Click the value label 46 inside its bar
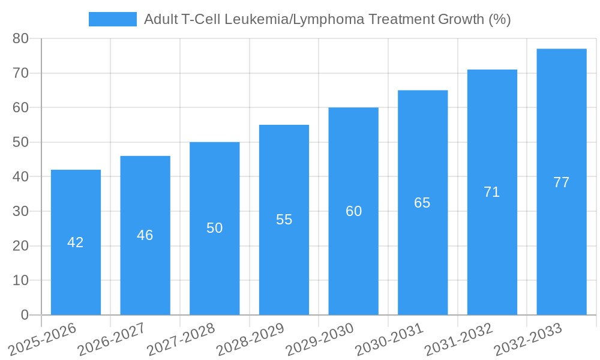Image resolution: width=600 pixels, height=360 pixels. point(145,235)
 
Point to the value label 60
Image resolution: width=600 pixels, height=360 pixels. point(353,211)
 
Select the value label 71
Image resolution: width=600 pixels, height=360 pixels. point(491,192)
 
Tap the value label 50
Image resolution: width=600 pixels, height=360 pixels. point(214,228)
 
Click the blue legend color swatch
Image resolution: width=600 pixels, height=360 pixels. point(112,19)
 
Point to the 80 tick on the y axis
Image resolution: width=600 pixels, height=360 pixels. point(21,38)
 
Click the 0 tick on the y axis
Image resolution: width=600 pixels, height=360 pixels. point(25,315)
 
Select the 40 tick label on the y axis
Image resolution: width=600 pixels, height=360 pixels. point(21,177)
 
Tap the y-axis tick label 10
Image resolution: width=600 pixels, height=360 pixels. point(21,280)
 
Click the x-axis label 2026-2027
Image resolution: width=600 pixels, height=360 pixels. point(110,338)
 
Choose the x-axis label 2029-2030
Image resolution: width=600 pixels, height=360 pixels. point(319,338)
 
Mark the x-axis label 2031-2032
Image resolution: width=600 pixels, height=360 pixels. point(458,338)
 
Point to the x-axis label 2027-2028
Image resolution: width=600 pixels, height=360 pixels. point(180,338)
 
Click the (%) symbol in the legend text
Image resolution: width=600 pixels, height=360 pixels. point(499,19)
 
